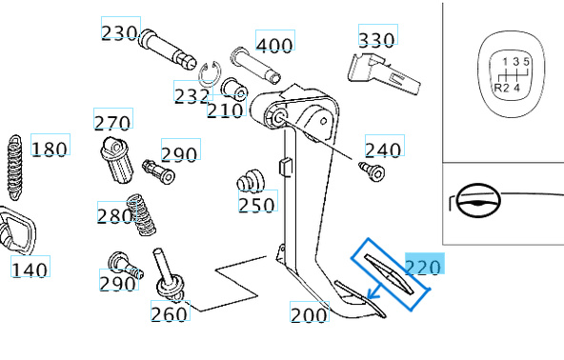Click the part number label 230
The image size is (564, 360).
119,32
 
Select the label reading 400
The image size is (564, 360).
274,45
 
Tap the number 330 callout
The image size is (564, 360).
376,39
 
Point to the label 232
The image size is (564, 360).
191,95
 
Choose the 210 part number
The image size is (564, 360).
226,110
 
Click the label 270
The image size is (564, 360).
111,123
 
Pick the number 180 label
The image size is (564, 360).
50,149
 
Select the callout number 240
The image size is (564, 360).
383,150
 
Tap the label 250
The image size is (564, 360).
256,205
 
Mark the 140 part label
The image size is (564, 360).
30,270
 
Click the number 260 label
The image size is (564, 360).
169,314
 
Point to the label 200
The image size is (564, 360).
309,314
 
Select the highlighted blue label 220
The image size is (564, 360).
424,266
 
